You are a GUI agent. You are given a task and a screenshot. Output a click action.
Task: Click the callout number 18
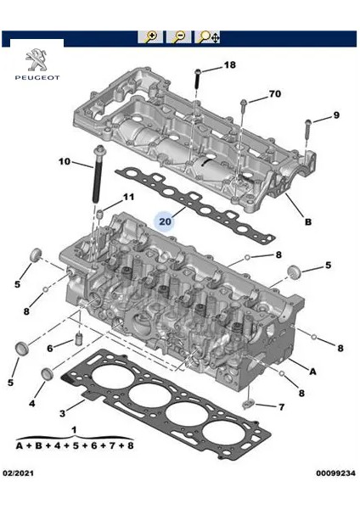pos(229,65)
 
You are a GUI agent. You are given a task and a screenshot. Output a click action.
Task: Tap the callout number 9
pos(335,115)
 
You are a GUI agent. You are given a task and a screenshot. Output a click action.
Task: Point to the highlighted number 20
pos(166,221)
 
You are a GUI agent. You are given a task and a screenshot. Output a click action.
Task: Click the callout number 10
pos(65,161)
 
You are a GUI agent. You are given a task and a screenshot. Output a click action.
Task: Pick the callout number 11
pos(128,198)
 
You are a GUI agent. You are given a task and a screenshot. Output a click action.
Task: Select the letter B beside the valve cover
pos(308,222)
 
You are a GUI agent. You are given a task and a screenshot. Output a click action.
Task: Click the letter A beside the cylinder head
pos(313,371)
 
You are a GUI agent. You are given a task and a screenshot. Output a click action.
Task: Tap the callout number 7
pos(281,407)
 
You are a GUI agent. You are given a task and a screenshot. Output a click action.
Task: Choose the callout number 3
pos(62,413)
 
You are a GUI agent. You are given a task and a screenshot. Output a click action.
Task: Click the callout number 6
pos(49,349)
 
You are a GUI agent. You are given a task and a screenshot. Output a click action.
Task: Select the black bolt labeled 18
pos(197,80)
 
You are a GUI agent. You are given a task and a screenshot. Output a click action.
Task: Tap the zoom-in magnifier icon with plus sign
pos(152,37)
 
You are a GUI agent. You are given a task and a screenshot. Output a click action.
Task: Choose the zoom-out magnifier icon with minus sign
pos(179,37)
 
